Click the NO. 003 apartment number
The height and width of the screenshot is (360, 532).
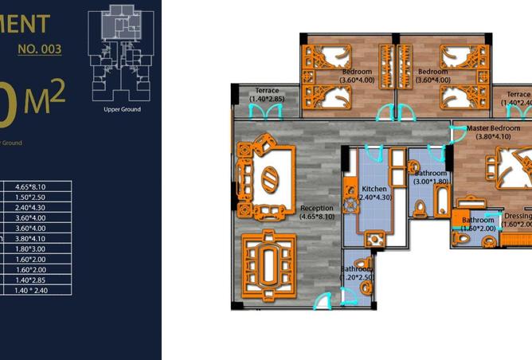tap(39, 49)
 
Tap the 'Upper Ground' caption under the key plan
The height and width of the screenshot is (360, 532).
tap(122, 110)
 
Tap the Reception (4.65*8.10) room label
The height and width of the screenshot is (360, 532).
tap(317, 212)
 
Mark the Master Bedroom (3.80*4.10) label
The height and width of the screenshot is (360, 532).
tap(494, 132)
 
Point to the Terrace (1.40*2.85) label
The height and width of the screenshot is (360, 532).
tap(267, 95)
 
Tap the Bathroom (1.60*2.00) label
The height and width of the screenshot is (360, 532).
tap(478, 224)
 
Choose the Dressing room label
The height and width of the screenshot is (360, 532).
tap(518, 221)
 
